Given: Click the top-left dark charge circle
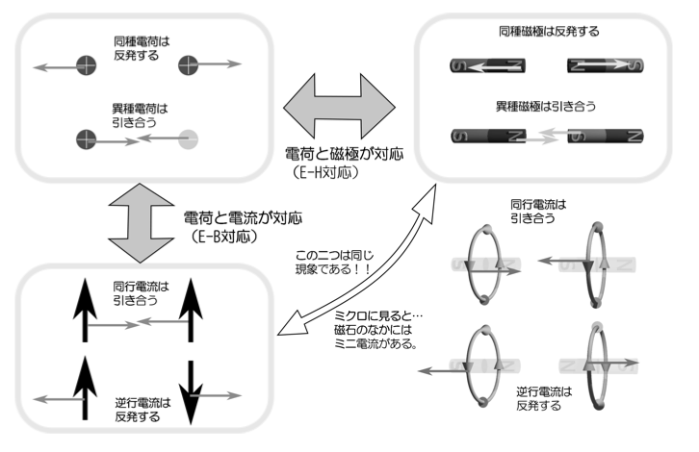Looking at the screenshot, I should [x=88, y=66].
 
